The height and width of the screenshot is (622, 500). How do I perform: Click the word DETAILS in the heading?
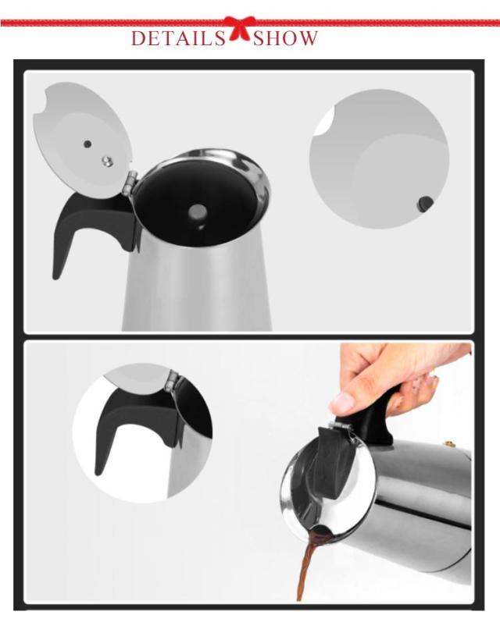tap(178, 38)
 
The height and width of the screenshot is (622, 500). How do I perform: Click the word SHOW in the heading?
tap(285, 38)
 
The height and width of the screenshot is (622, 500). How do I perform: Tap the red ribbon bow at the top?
tap(239, 28)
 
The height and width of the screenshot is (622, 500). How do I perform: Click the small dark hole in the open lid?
tap(87, 144)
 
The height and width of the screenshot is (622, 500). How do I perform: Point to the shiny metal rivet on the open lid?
tap(107, 160)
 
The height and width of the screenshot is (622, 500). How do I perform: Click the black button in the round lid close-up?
tap(424, 204)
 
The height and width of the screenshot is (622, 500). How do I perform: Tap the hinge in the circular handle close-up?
tap(173, 381)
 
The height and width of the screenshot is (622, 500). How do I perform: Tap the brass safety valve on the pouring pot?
tap(450, 443)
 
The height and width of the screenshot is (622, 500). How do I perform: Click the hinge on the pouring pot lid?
tap(341, 426)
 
